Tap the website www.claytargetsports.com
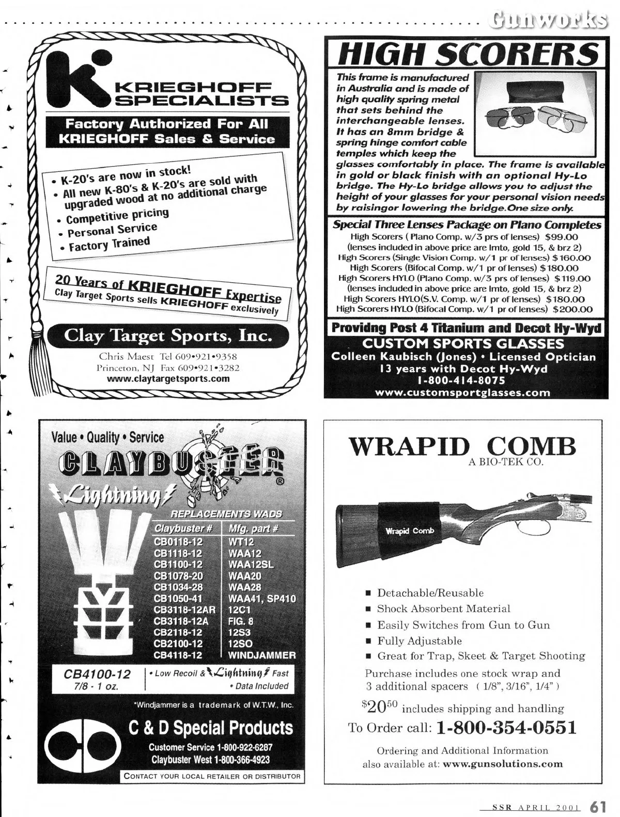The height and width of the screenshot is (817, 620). point(168,379)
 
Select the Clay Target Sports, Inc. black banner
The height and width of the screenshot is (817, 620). point(168,337)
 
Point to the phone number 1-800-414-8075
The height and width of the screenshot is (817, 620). point(462,381)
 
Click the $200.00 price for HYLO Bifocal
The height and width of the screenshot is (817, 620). point(572,309)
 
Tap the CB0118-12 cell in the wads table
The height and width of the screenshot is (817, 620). point(178,542)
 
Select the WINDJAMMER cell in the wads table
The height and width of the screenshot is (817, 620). point(261,655)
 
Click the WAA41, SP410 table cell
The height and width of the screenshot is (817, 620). point(261,599)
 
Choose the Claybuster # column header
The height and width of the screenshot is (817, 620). point(183,528)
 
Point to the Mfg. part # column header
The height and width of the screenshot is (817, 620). point(253,528)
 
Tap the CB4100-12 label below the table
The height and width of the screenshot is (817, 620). point(97,674)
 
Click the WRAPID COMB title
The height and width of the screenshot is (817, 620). point(462,446)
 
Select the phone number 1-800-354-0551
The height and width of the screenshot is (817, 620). point(506,728)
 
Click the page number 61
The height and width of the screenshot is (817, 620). point(598,806)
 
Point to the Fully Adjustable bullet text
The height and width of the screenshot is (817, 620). point(420,641)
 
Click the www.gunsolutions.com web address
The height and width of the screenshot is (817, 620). point(503,764)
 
